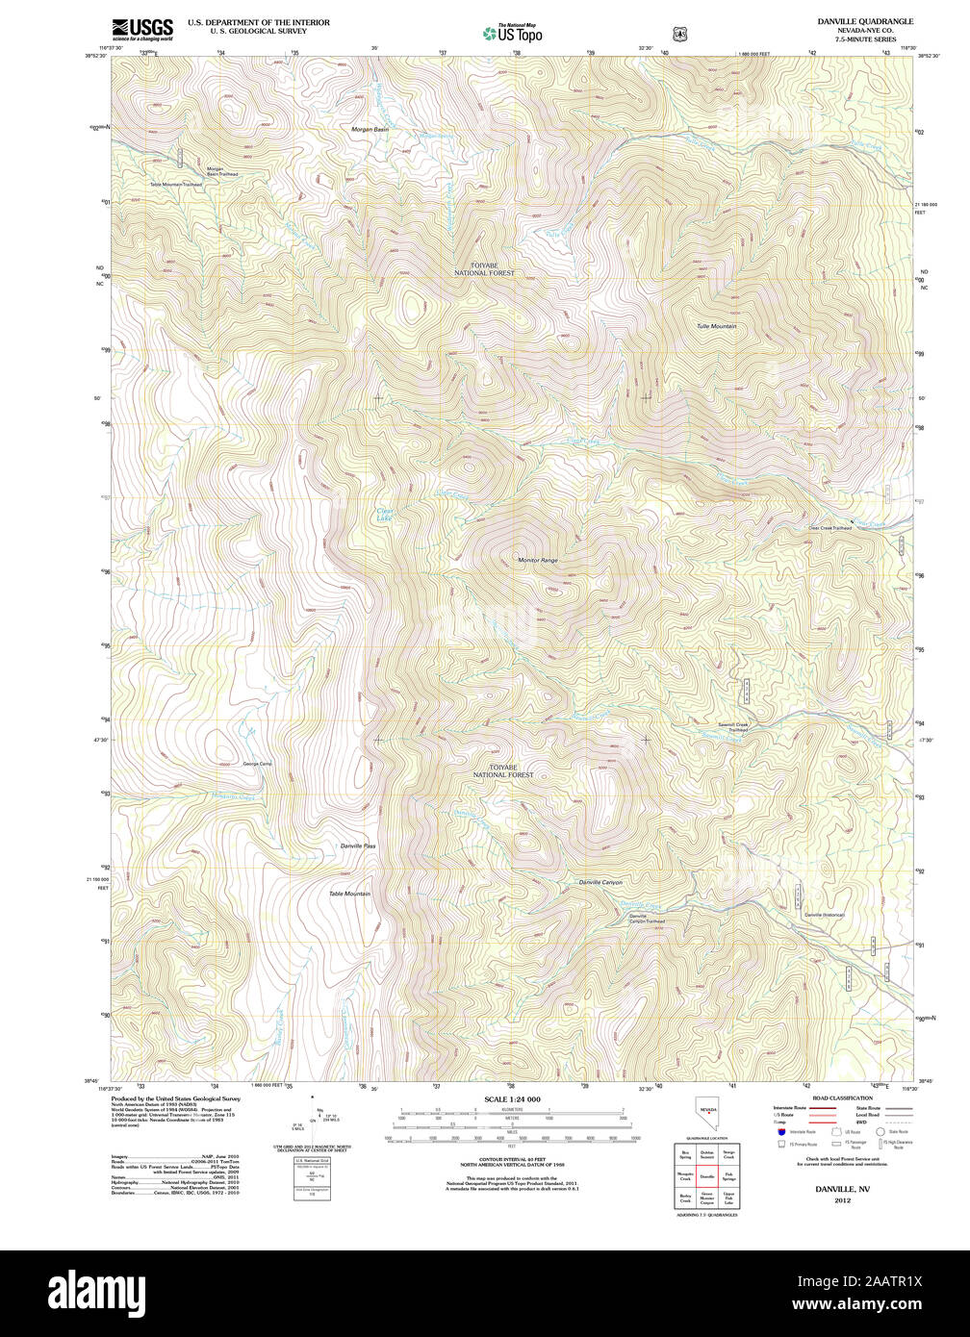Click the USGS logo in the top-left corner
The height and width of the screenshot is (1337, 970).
point(142,29)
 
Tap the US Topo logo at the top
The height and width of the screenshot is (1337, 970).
point(512,34)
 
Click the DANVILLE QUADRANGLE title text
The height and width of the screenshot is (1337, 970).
point(864,21)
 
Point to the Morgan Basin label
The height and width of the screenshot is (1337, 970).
point(370,129)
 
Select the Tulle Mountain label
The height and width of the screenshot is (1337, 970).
point(717,326)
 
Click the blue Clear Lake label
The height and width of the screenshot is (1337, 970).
point(385,516)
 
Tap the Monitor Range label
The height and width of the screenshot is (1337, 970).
point(538,560)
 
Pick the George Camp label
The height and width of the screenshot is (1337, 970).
point(258,764)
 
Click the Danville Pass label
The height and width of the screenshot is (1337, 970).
point(358,845)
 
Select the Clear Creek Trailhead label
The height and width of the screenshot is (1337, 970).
point(830,528)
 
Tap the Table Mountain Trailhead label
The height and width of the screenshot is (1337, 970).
point(175,184)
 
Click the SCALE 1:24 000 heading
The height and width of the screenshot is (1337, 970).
point(512,1099)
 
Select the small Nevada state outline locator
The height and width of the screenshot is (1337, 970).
point(708,1119)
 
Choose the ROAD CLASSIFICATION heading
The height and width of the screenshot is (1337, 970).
point(842,1098)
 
